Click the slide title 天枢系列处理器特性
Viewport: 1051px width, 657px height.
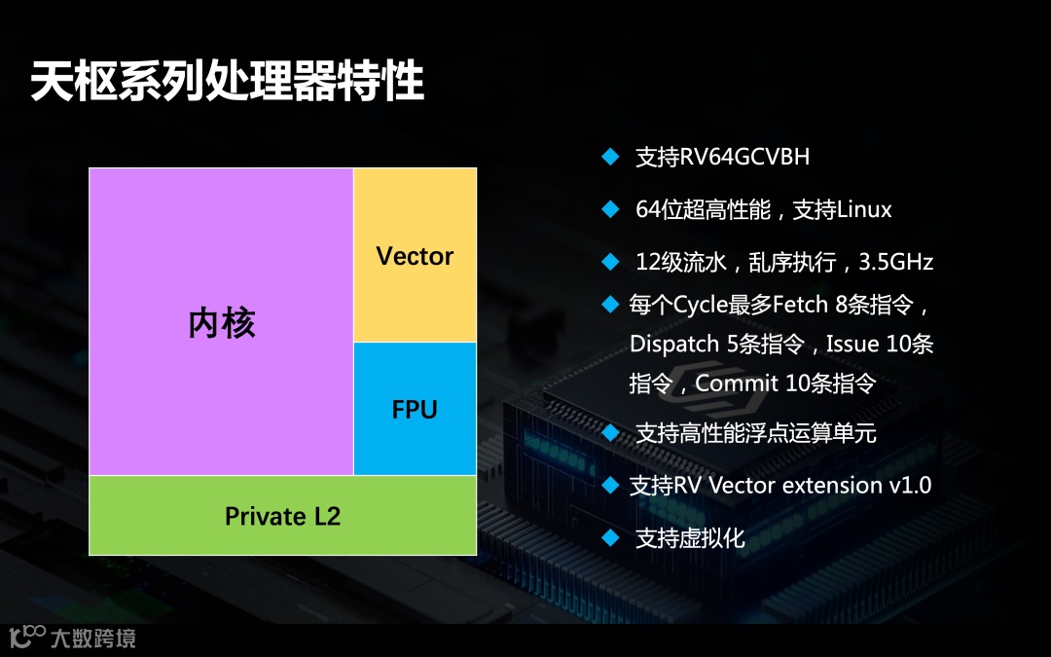point(228,82)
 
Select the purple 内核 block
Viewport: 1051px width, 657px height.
point(221,322)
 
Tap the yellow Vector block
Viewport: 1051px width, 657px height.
point(415,256)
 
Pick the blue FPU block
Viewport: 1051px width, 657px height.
point(415,410)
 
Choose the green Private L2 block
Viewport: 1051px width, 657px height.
point(282,516)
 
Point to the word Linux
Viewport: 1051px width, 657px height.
point(864,209)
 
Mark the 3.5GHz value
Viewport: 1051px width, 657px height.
point(897,262)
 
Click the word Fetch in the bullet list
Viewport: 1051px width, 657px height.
point(802,306)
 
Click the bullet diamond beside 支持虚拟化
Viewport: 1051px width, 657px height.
point(610,536)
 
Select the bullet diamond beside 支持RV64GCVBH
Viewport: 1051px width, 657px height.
point(610,156)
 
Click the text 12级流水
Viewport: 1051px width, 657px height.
point(681,262)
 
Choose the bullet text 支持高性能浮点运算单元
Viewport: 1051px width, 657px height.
point(756,433)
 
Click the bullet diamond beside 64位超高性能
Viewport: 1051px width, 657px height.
point(610,208)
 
